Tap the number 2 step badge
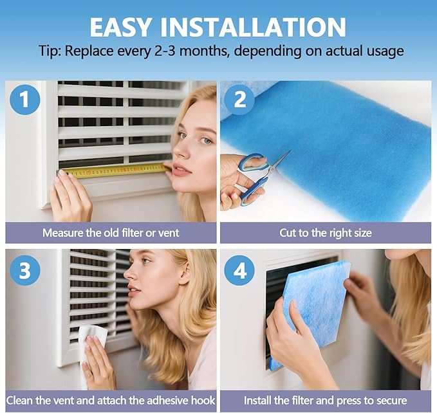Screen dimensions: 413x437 point(240,101)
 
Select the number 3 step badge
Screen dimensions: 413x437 point(25,270)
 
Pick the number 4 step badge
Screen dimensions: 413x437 point(239,270)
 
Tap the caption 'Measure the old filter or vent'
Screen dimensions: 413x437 point(111,232)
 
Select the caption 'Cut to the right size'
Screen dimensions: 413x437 point(325,232)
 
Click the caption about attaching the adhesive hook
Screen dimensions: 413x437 point(111,401)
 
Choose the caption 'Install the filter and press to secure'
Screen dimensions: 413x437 point(325,401)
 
